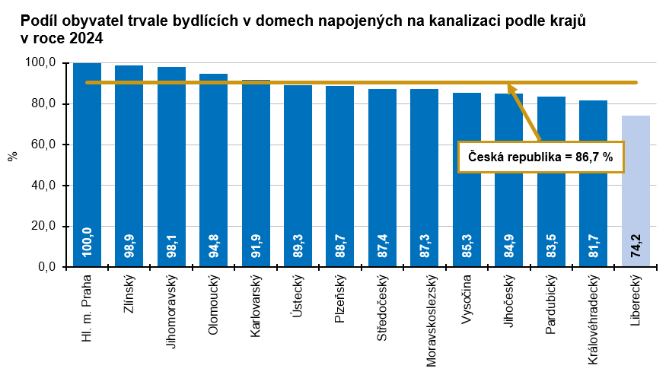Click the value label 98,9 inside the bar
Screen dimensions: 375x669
tap(129, 246)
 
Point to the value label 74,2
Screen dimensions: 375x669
tap(636, 246)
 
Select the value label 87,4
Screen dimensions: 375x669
tap(383, 246)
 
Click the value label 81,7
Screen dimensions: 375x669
tap(594, 246)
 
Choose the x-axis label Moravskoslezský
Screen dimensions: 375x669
tap(425, 319)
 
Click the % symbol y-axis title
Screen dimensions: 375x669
tap(12, 157)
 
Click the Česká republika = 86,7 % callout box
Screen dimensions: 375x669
tap(540, 157)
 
